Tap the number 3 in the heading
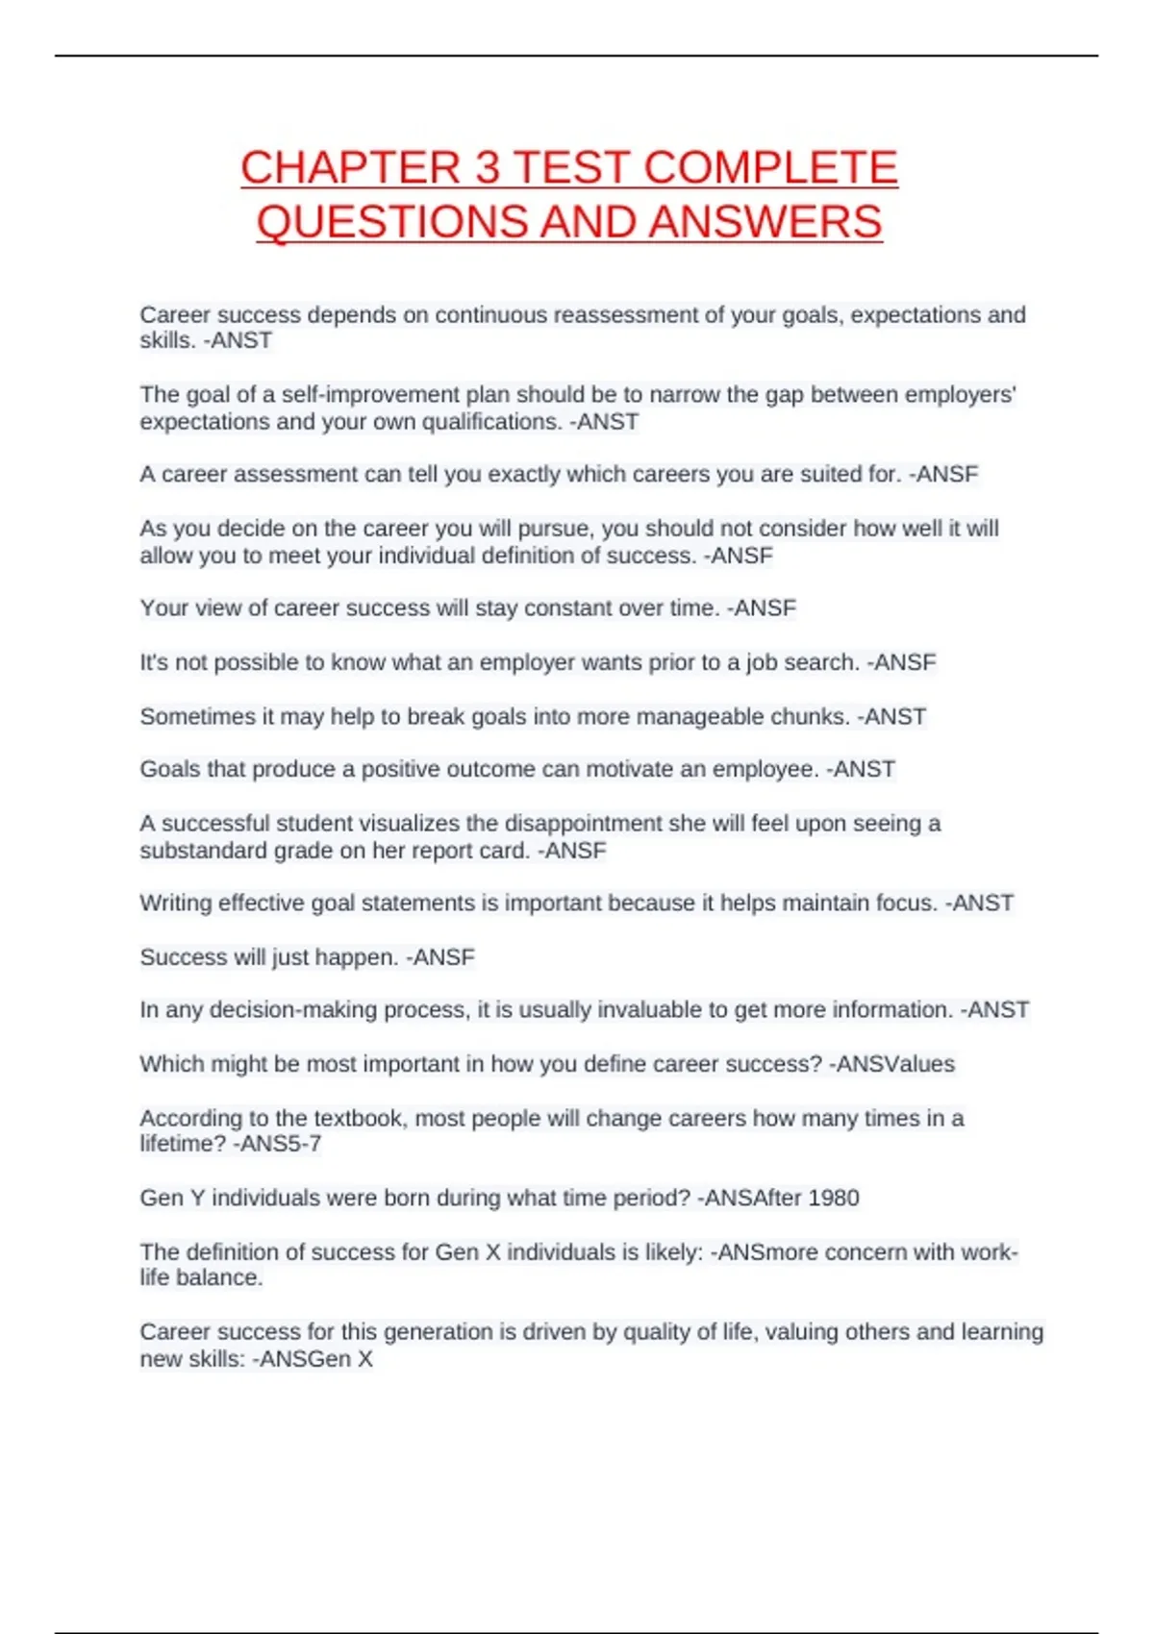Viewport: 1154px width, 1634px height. (488, 168)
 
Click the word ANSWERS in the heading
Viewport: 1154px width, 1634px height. (765, 223)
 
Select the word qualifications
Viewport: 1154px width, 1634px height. (491, 422)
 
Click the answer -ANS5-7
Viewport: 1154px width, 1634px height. (277, 1144)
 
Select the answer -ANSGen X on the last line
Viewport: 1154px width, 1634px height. (312, 1359)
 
